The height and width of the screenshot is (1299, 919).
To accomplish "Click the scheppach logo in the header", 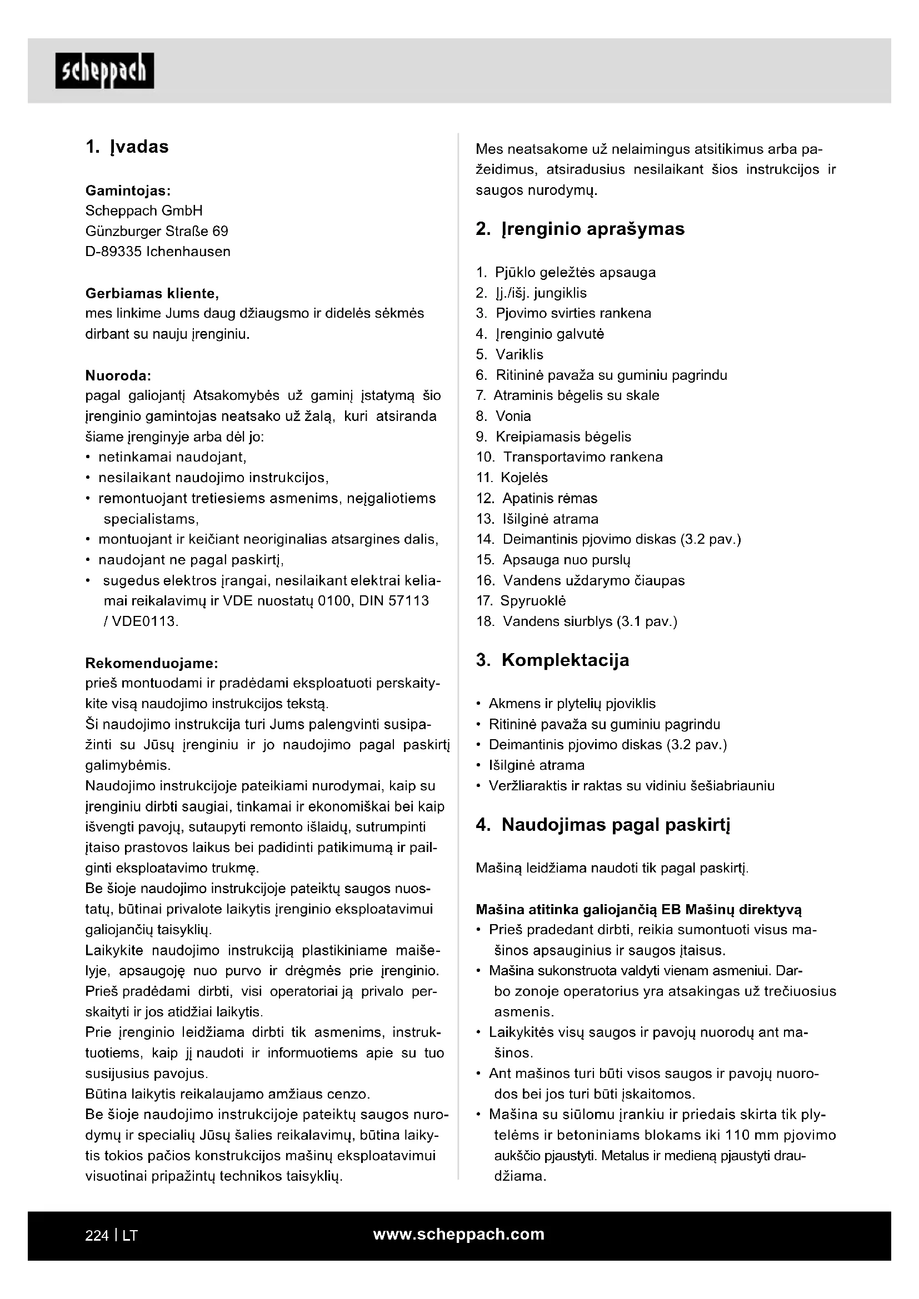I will (104, 71).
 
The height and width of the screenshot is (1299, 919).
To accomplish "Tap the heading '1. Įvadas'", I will (127, 147).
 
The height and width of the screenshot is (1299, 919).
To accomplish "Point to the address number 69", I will (220, 232).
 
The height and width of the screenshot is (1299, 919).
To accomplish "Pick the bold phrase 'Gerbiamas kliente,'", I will (152, 294).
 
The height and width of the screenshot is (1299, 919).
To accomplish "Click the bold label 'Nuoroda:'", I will (118, 375).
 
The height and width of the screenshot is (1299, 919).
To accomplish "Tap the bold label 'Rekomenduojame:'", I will (152, 663).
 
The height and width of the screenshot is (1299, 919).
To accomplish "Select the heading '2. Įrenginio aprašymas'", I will (580, 229).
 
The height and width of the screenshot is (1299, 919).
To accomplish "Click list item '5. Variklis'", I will (510, 355).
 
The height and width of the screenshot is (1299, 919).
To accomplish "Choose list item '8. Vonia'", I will (503, 417).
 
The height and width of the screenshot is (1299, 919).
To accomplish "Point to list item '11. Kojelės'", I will (512, 478).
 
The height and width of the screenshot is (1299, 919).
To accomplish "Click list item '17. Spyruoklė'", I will (521, 601).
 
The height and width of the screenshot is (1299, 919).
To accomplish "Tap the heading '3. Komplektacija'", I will (552, 660).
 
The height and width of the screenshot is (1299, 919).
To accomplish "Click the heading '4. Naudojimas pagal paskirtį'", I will (603, 825).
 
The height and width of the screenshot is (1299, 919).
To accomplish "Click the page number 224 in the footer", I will (97, 1236).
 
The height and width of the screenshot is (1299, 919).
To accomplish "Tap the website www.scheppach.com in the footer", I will (459, 1235).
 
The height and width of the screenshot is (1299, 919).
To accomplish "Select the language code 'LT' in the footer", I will (129, 1236).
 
